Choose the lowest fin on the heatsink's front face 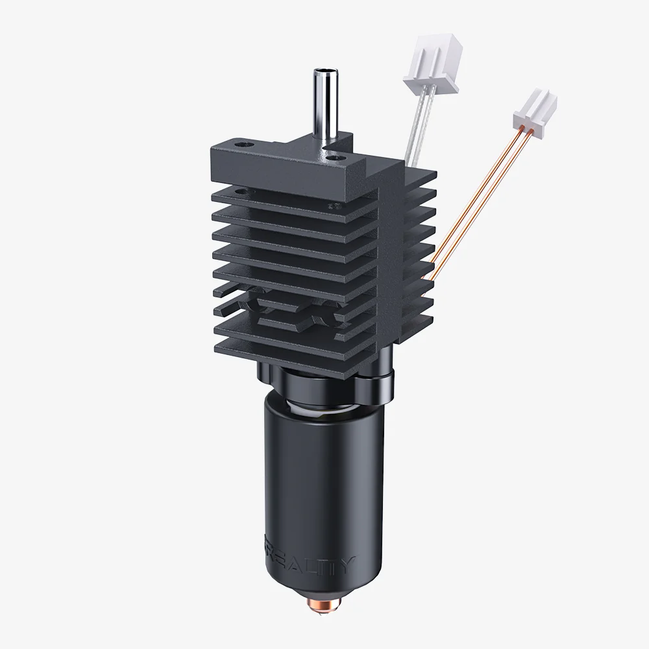[286, 341]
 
